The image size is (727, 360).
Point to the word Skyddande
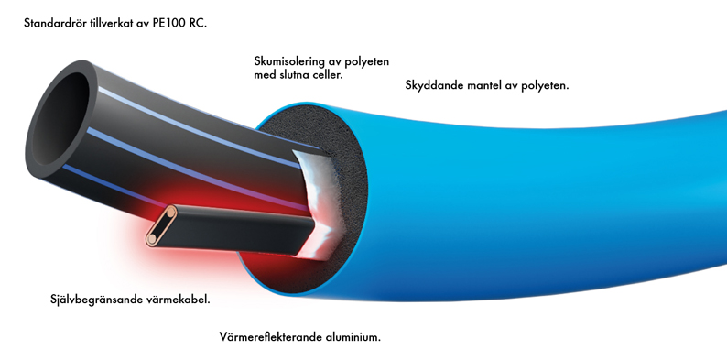[x=434, y=85]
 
